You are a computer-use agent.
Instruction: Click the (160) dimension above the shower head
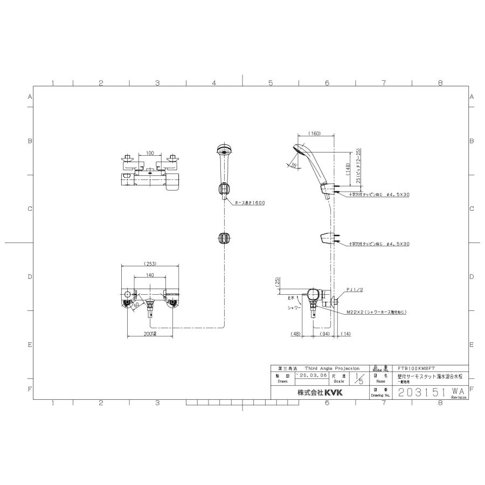tap(315, 133)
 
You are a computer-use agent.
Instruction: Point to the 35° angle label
tap(293, 165)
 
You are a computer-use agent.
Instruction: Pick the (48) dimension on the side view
tap(295, 334)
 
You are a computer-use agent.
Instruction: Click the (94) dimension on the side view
tap(324, 334)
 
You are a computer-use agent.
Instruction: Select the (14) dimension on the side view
tap(345, 334)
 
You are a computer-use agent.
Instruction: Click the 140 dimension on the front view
tap(150, 275)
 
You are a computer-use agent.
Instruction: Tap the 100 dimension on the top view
tap(150, 154)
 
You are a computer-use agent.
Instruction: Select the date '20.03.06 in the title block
tap(311, 375)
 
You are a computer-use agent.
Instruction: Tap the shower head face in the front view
tap(223, 150)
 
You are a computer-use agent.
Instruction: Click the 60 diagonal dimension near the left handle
tap(137, 305)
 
